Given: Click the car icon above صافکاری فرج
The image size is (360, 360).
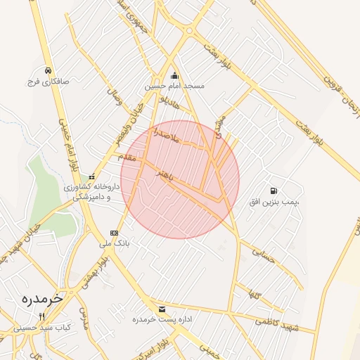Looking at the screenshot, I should pos(46,71).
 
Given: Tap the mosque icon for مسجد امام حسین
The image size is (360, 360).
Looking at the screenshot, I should pos(174,76).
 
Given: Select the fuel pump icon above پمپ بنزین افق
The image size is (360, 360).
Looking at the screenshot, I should pos(273,191).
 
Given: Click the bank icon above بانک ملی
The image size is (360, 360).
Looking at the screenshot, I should pos(114,233).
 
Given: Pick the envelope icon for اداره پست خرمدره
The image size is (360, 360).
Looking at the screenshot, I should pos(162,309).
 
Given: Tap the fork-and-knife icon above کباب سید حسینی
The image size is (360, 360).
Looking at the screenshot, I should pos(41,316).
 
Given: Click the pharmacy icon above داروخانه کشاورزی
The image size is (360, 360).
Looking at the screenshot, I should pos(91,177).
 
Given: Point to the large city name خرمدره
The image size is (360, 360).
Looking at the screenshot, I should pos(41,297).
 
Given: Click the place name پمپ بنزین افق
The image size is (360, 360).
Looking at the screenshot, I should pos(272,202).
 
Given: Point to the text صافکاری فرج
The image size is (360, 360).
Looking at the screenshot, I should pos(46,82).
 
